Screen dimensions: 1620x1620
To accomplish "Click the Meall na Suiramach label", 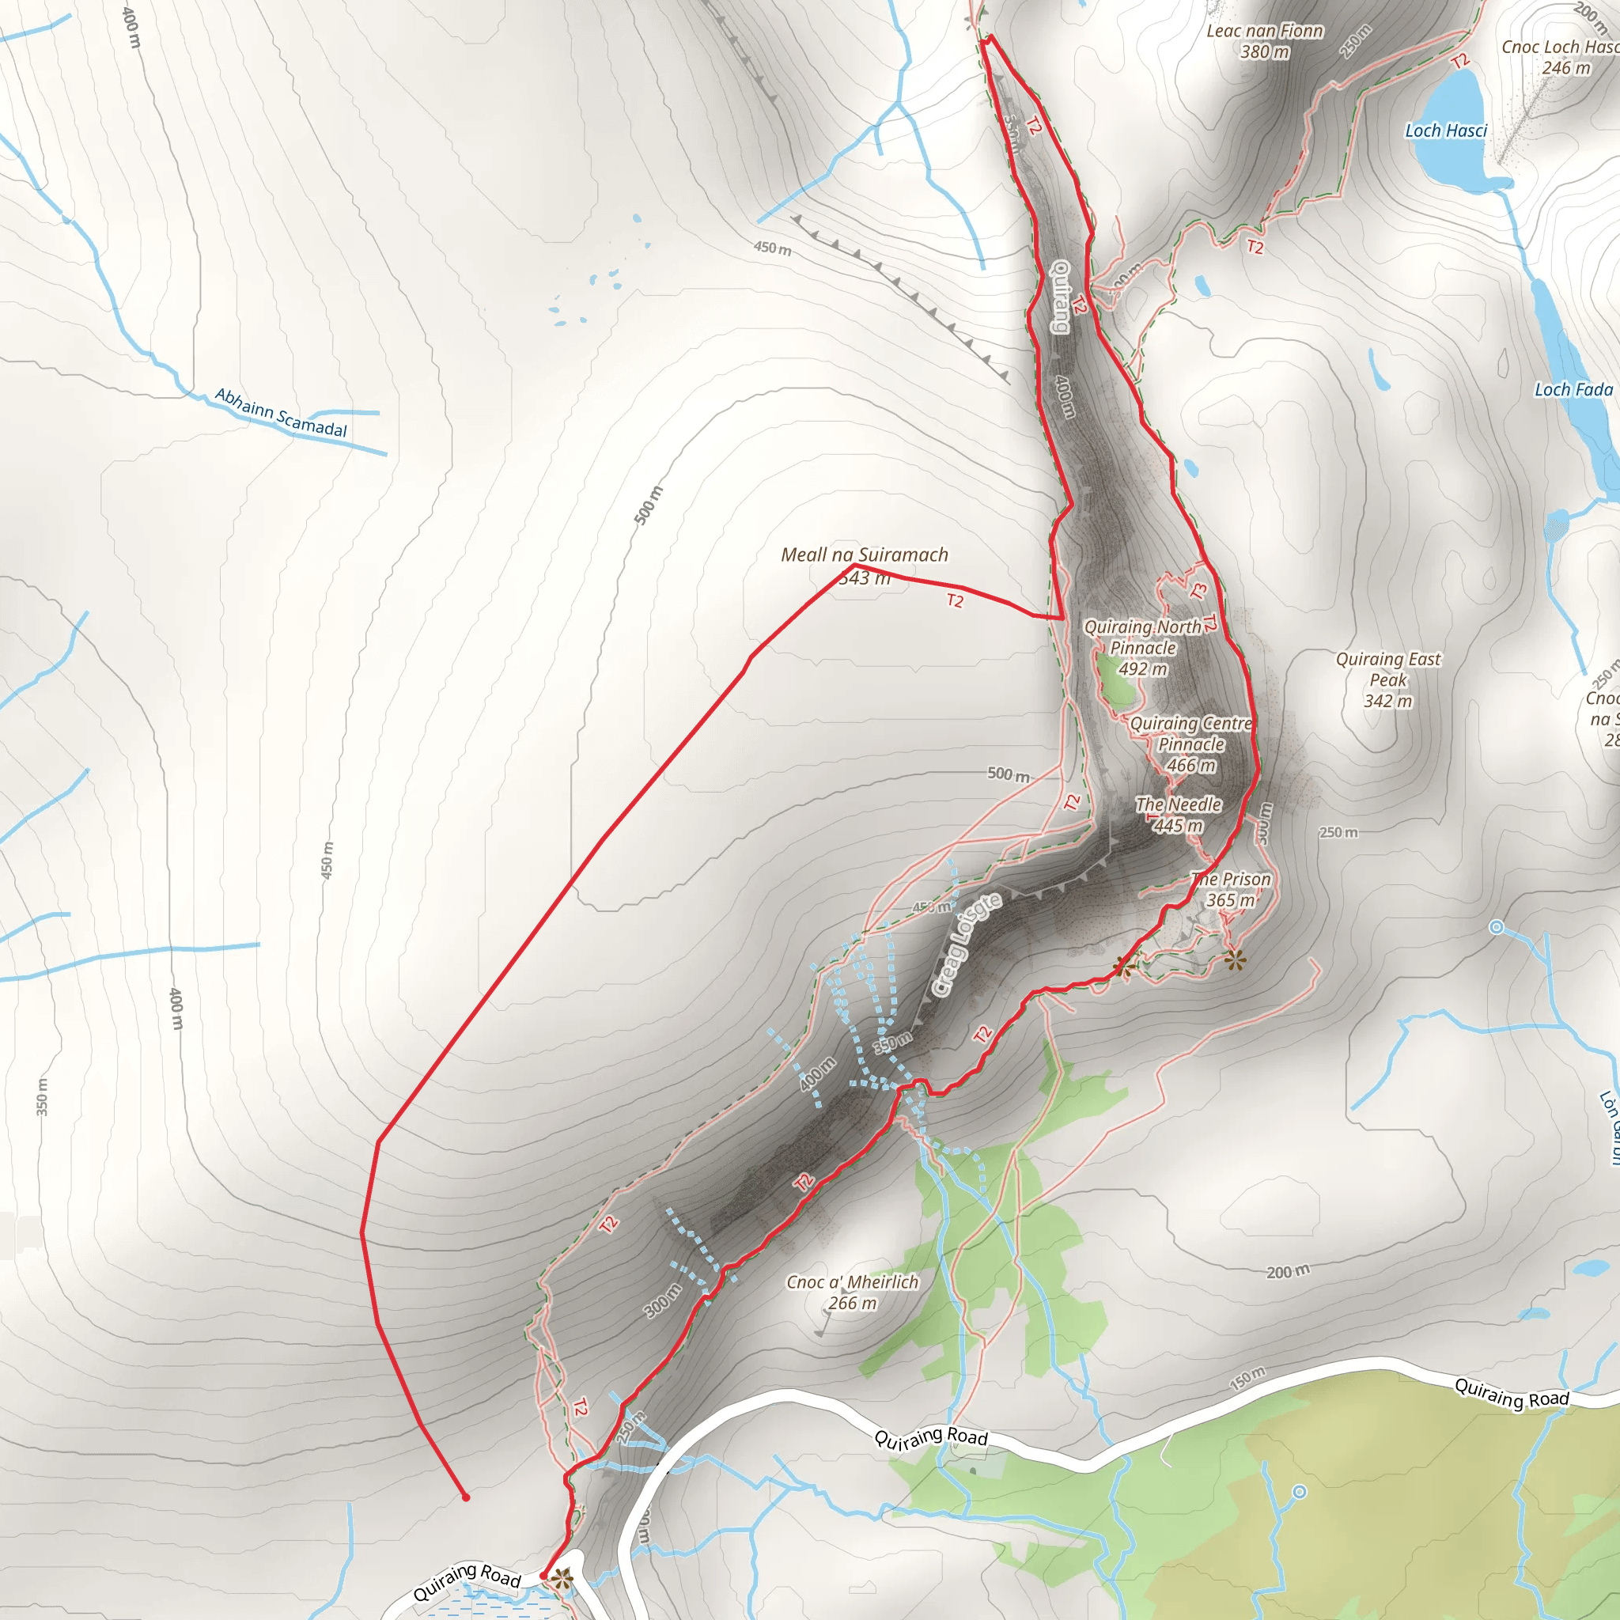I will pyautogui.click(x=865, y=555).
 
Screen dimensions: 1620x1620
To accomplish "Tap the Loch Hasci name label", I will pyautogui.click(x=1446, y=131).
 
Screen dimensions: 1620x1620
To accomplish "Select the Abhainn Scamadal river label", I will pyautogui.click(x=281, y=413).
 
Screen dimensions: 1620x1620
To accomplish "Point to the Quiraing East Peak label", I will pyautogui.click(x=1387, y=680).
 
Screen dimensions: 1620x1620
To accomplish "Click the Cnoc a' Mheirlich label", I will pyautogui.click(x=852, y=1293).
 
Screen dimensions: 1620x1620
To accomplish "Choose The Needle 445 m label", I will pyautogui.click(x=1178, y=815).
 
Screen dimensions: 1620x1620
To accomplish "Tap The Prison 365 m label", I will pyautogui.click(x=1231, y=890).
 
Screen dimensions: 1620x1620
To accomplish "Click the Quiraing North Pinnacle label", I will pyautogui.click(x=1143, y=648).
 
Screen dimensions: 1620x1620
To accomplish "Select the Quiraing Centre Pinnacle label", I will pyautogui.click(x=1190, y=744).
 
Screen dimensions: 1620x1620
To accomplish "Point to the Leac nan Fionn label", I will pyautogui.click(x=1265, y=41).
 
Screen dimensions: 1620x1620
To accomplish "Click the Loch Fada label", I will pyautogui.click(x=1573, y=390).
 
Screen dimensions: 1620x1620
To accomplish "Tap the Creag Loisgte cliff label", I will pyautogui.click(x=967, y=945).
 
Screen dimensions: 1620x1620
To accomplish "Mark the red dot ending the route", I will pyautogui.click(x=466, y=1497).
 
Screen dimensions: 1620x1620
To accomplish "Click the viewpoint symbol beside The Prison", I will pyautogui.click(x=1234, y=960).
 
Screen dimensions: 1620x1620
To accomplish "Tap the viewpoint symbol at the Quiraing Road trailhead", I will pyautogui.click(x=562, y=1580).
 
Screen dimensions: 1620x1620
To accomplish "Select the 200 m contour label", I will pyautogui.click(x=1288, y=1272).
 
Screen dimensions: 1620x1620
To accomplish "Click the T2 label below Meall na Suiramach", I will pyautogui.click(x=955, y=600).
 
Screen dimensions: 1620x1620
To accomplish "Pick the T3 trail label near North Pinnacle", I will pyautogui.click(x=1199, y=590).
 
